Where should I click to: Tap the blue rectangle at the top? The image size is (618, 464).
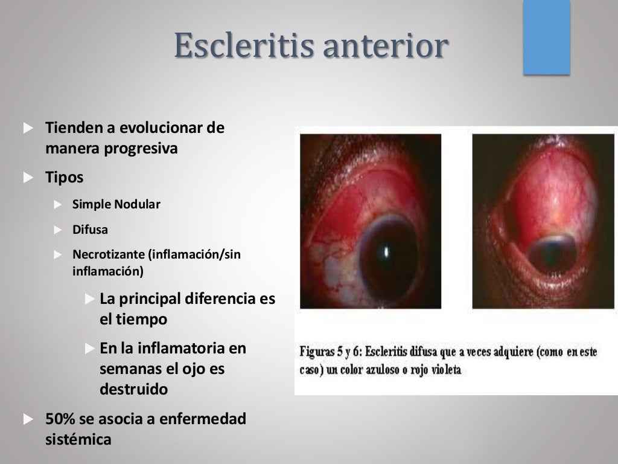(x=546, y=37)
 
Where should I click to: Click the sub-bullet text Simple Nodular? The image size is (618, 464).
(x=116, y=204)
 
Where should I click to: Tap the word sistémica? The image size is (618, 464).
(x=78, y=439)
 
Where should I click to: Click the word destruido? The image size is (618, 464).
(x=133, y=390)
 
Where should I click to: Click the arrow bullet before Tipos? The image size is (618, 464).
(x=28, y=178)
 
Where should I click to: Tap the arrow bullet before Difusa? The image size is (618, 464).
(x=58, y=230)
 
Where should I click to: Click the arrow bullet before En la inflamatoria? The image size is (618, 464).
(x=90, y=349)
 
